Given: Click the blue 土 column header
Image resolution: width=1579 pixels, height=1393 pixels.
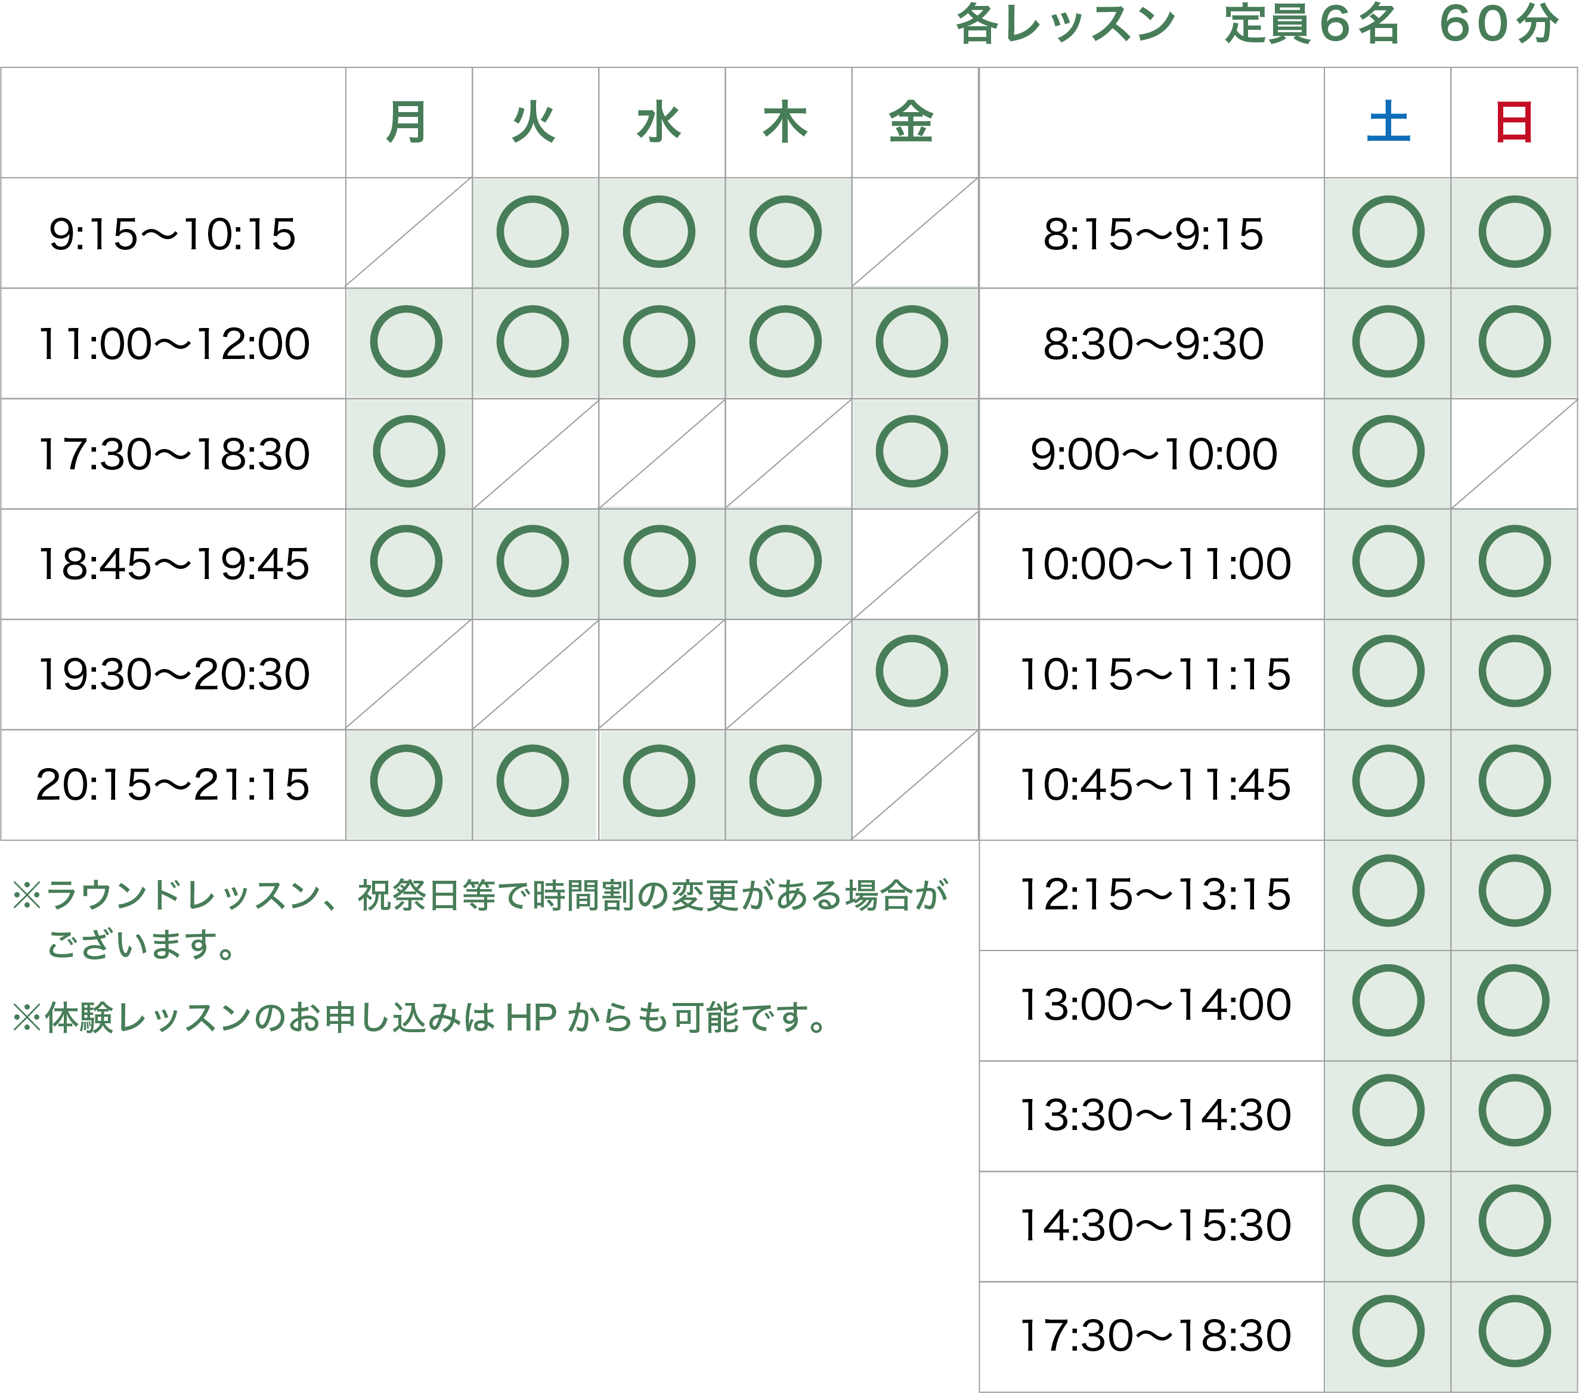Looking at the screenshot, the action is [1388, 122].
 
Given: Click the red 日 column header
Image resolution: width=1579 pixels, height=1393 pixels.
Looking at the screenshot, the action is [1514, 122].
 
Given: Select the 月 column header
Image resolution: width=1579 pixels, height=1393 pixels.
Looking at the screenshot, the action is [406, 122].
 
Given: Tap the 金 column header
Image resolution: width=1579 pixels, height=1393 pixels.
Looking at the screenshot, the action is [912, 122].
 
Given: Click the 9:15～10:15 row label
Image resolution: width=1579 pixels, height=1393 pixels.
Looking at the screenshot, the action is [172, 234].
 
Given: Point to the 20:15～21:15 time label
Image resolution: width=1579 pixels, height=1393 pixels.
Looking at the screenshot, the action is [173, 785].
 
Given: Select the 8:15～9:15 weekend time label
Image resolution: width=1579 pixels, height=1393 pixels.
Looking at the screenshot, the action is [1153, 234].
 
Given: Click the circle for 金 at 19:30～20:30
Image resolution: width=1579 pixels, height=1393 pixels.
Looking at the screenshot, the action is [912, 637].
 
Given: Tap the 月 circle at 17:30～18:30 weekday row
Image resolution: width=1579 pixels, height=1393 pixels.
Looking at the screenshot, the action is [408, 418].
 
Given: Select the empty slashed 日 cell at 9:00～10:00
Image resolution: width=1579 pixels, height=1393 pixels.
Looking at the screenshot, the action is [1514, 454].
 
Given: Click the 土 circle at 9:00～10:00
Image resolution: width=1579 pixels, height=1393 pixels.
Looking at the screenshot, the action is [1388, 418].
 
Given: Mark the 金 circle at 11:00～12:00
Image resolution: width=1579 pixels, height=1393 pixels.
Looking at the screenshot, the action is [912, 308].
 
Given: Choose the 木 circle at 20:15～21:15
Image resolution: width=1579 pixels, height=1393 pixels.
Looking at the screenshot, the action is [785, 747].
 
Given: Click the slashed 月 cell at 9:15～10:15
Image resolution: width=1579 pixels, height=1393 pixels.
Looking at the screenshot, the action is [408, 233].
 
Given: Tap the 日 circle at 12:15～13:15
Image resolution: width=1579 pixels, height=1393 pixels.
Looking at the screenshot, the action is [1514, 858].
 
